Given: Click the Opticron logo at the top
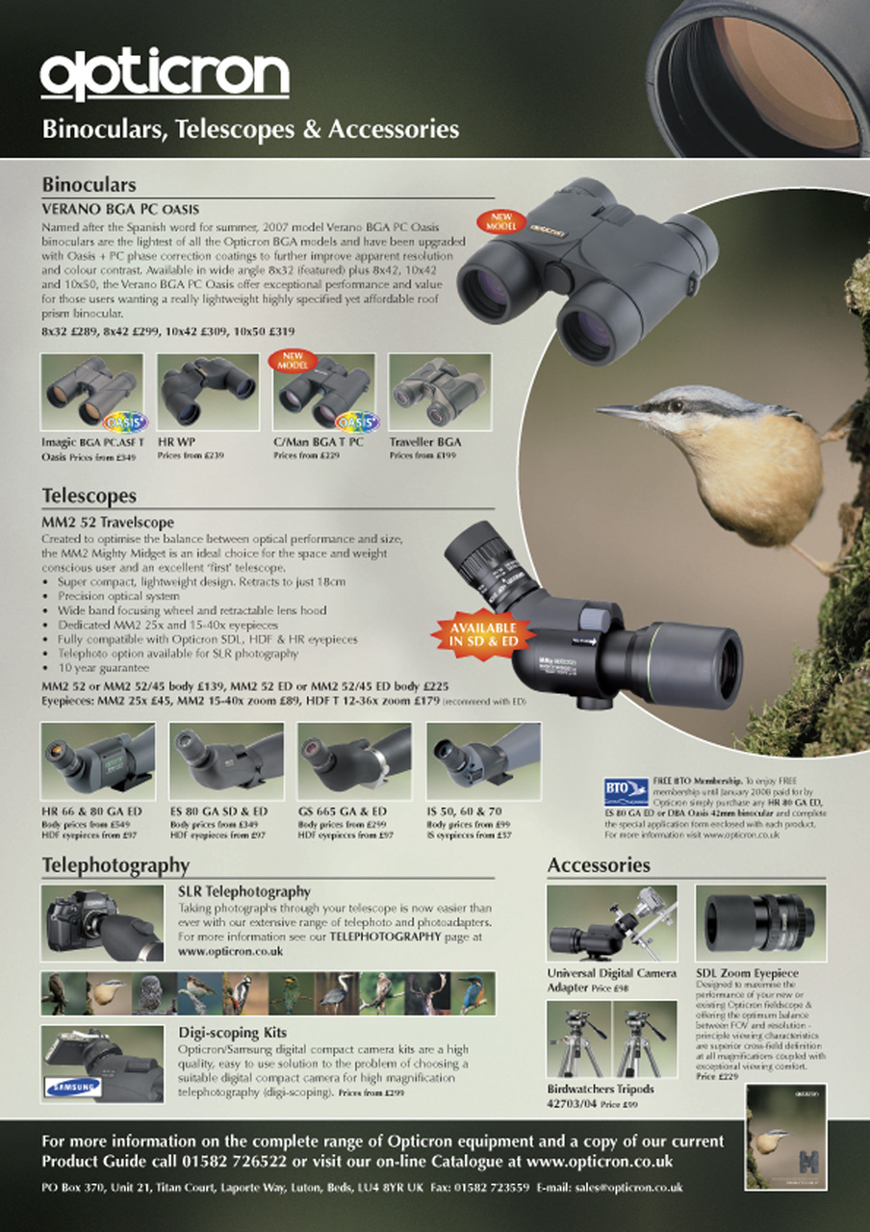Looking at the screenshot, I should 165,75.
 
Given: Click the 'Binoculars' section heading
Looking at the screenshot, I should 89,184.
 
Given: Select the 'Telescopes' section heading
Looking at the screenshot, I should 90,496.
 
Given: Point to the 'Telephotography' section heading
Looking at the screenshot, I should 115,865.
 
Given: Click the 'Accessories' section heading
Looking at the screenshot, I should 599,865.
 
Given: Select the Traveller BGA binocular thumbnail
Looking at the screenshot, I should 439,393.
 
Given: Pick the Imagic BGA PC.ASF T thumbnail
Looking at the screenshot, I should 92,393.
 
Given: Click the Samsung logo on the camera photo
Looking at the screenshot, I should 72,1089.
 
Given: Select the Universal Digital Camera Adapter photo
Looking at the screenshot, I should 611,922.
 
